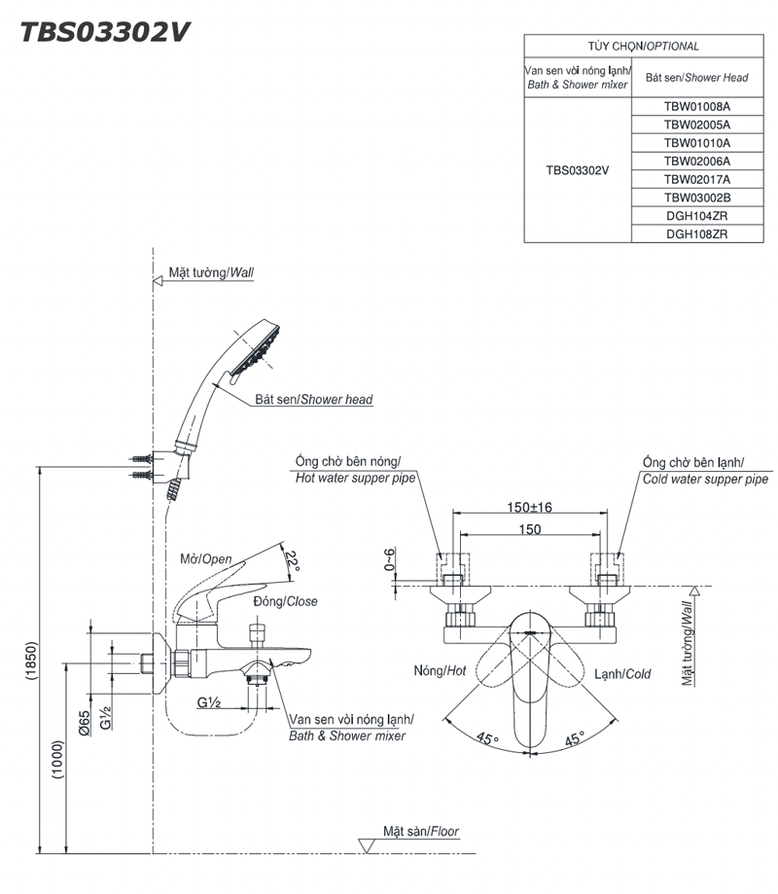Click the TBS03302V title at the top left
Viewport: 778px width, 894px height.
point(105,32)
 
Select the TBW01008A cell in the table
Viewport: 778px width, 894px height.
point(696,107)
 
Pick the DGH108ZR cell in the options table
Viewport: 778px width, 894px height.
point(696,233)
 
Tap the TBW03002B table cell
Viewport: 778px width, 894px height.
point(696,197)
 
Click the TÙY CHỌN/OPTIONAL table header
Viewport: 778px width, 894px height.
point(644,46)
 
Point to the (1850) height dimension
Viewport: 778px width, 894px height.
point(31,661)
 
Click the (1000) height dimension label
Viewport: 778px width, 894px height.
point(58,760)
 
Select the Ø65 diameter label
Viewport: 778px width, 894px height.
point(85,723)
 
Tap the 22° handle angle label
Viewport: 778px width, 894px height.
point(292,561)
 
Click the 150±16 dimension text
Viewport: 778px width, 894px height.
point(529,507)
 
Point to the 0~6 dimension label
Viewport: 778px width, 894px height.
point(389,559)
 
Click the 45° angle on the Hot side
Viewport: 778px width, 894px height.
point(487,738)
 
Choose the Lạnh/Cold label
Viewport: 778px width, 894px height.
point(622,674)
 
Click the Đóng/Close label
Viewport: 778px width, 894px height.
point(285,601)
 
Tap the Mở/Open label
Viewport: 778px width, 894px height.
point(206,558)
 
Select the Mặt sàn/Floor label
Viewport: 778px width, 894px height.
point(421,832)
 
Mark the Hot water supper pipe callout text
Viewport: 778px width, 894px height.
point(355,478)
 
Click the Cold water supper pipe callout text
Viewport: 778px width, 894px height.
point(706,479)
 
